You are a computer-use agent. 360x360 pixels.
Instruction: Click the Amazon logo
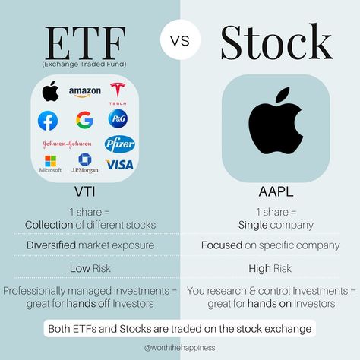[x=85, y=92]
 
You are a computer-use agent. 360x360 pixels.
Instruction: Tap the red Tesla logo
[x=118, y=93]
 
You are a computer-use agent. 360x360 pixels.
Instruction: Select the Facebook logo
[x=48, y=121]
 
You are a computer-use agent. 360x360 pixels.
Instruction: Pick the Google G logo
[x=84, y=120]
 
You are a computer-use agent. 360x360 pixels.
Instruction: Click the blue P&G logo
[x=118, y=118]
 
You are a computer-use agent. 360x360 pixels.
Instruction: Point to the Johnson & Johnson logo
[x=67, y=144]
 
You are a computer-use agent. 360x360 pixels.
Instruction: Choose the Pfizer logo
[x=119, y=144]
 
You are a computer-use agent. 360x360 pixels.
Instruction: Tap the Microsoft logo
[x=50, y=164]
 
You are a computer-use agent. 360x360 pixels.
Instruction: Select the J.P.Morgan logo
[x=85, y=163]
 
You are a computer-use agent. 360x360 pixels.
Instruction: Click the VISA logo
[x=119, y=165]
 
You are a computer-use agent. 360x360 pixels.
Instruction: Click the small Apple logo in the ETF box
[x=50, y=91]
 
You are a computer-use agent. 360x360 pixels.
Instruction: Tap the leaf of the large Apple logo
[x=283, y=94]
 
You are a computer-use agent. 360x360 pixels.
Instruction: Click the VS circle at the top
[x=180, y=39]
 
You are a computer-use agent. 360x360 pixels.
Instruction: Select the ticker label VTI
[x=85, y=191]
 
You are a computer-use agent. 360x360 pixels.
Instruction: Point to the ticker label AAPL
[x=276, y=191]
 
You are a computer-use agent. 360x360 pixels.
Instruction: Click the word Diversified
[x=51, y=245]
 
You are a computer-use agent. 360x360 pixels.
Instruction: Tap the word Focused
[x=222, y=245]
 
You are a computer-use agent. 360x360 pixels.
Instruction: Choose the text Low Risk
[x=90, y=268]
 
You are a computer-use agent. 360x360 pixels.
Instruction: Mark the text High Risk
[x=270, y=269]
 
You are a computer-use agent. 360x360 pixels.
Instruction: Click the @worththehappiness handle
[x=180, y=348]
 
